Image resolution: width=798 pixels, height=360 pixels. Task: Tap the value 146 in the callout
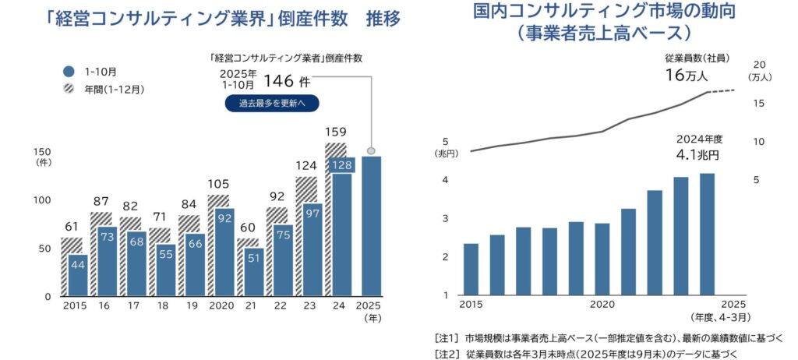277,79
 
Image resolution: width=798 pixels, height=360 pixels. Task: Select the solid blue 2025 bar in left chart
371,226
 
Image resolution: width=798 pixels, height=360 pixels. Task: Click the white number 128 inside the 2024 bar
341,165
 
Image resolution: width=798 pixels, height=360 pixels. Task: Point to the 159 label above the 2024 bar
336,132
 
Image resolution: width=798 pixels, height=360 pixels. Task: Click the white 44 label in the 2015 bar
78,265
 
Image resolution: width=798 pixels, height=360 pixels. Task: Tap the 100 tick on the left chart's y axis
43,200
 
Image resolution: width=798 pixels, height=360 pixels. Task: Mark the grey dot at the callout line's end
371,150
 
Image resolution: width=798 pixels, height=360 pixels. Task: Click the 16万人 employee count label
687,75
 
